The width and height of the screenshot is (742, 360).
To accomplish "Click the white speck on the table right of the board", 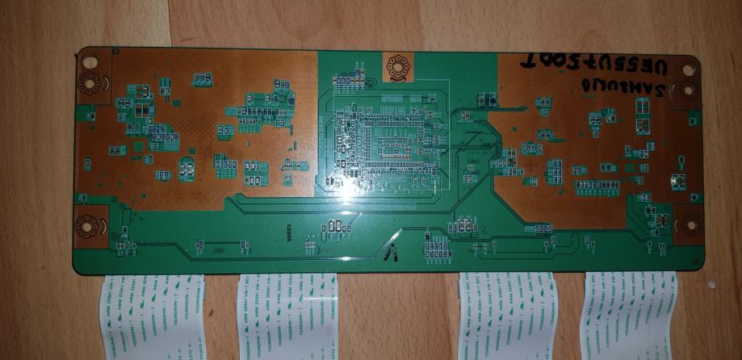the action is [711, 284].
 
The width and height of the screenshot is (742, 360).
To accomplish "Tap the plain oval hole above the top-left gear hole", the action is [90, 61].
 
